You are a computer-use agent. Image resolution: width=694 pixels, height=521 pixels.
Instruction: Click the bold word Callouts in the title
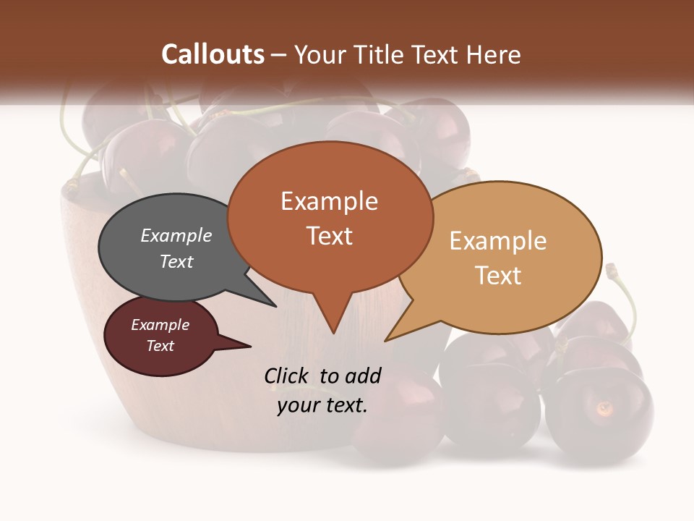213,54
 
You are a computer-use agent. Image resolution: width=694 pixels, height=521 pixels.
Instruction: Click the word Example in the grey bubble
176,236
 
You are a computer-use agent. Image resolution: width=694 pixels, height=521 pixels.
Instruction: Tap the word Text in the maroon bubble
160,346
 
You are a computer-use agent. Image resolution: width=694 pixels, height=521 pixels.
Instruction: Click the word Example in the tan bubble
497,241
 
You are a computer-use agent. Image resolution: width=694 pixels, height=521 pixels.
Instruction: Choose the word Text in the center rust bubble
329,236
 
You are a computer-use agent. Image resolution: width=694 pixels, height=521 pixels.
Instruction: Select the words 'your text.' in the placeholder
322,404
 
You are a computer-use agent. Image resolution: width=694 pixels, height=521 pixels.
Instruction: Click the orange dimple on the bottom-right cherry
604,407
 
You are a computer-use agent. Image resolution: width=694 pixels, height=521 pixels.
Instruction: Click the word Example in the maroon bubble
160,325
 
